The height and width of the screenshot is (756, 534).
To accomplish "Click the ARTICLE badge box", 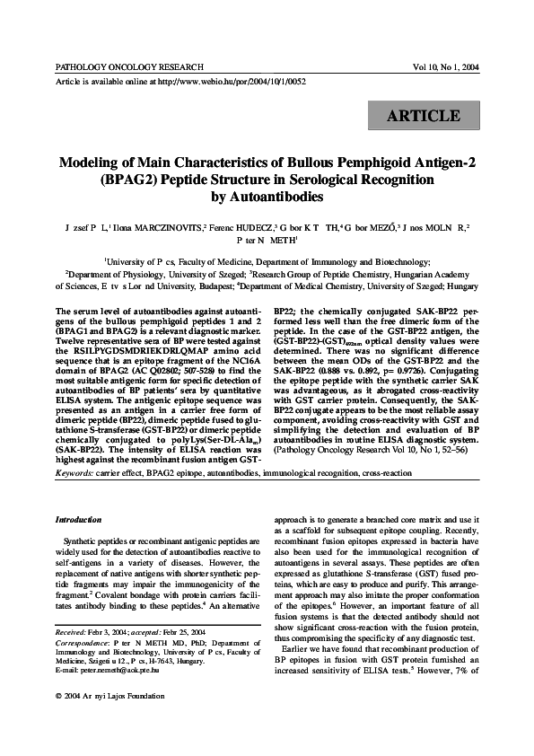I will pos(424,117).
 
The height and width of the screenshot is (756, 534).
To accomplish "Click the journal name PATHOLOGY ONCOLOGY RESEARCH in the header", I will pos(129,67).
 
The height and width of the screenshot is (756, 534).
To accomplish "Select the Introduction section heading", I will pos(79,520).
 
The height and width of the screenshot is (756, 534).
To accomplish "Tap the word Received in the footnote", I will pos(73,658).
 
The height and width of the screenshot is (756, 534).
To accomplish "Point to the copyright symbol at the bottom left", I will pos(57,722).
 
